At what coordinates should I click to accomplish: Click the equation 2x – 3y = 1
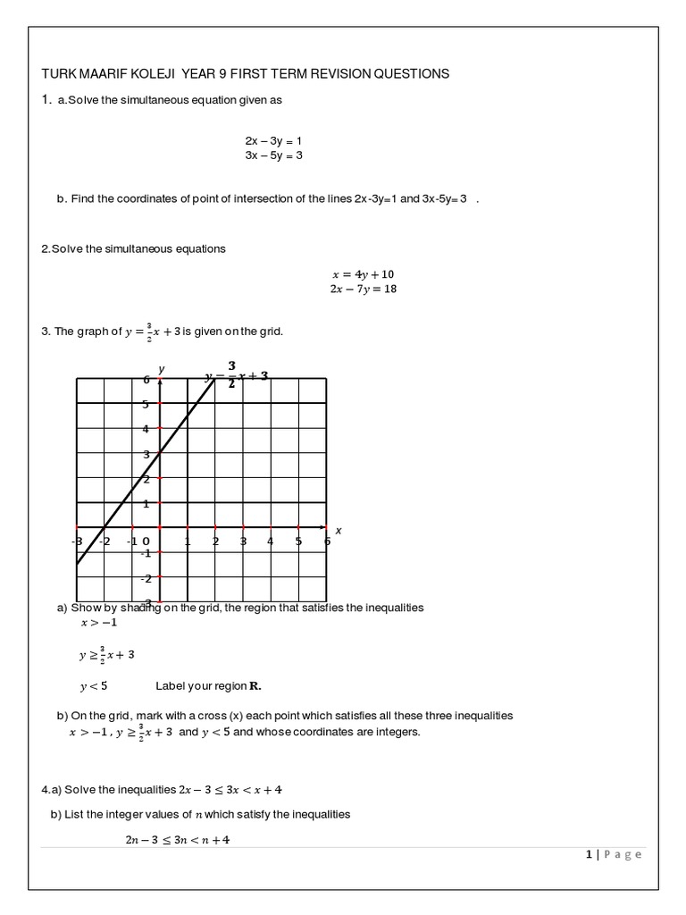click(274, 141)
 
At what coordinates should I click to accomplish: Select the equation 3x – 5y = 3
click(274, 155)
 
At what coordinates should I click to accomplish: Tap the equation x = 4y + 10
click(363, 274)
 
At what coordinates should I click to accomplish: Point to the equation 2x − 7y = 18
click(363, 290)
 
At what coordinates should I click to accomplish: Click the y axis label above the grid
click(162, 369)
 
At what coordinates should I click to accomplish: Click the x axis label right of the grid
click(339, 531)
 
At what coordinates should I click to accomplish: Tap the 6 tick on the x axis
click(326, 541)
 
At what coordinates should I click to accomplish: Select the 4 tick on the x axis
click(271, 541)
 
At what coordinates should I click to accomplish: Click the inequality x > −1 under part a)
click(98, 623)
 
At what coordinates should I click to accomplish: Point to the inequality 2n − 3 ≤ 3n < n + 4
click(177, 840)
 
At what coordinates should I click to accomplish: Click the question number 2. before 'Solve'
click(46, 248)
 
